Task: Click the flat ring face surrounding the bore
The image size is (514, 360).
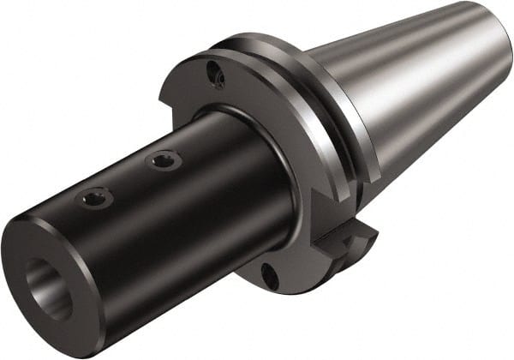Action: pos(34,257)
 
